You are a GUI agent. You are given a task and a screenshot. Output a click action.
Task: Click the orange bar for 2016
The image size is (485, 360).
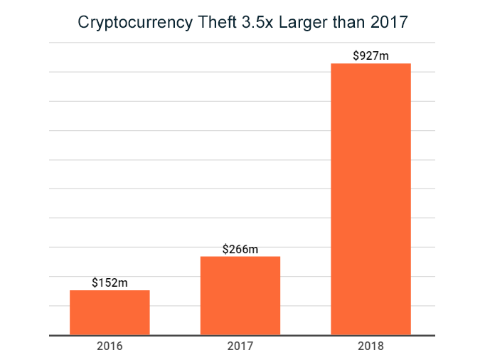pyautogui.click(x=110, y=312)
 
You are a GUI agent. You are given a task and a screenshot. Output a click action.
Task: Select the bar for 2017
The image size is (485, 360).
pyautogui.click(x=240, y=295)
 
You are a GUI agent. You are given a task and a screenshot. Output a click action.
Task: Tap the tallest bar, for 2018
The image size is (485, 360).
pyautogui.click(x=371, y=199)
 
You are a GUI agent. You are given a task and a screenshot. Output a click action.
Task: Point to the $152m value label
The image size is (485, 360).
pyautogui.click(x=110, y=282)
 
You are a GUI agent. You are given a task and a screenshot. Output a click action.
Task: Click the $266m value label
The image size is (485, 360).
pyautogui.click(x=240, y=249)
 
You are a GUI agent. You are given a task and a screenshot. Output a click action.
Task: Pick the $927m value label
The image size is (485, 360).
pyautogui.click(x=371, y=55)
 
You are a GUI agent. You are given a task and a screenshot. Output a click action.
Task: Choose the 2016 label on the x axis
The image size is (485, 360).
pyautogui.click(x=110, y=346)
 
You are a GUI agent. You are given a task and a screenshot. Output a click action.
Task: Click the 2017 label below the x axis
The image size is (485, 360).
pyautogui.click(x=240, y=346)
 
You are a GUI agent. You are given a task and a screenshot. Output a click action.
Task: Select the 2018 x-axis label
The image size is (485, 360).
pyautogui.click(x=371, y=346)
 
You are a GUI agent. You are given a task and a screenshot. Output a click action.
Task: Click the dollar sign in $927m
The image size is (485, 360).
pyautogui.click(x=356, y=55)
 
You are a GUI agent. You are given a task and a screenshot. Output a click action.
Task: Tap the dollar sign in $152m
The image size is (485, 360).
pyautogui.click(x=95, y=282)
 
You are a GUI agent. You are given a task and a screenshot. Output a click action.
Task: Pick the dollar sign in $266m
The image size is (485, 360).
pyautogui.click(x=225, y=249)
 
